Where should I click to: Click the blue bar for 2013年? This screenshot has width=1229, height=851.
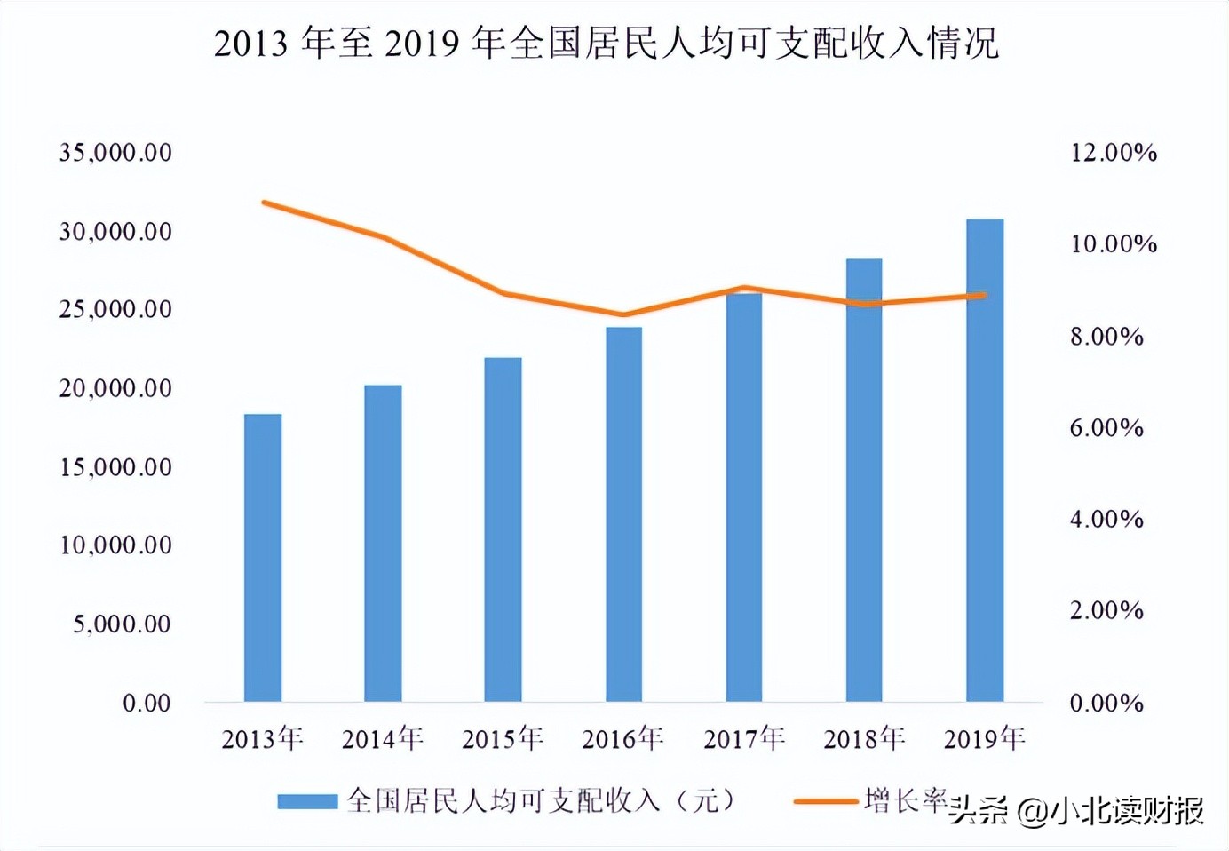coord(263,558)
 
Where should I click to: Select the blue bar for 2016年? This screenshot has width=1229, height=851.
coord(623,514)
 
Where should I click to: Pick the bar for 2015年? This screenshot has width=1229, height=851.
coord(503,529)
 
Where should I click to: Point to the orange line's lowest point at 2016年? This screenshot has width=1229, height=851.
coord(623,314)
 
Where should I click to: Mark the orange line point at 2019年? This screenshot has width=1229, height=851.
coord(983,295)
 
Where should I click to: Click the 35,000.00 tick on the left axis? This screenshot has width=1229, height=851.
coord(115,153)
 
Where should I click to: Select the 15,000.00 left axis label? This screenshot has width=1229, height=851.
coord(115,467)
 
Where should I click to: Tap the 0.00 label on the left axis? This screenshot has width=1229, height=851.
coord(147,704)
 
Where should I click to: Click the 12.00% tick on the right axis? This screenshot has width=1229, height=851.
coord(1114,153)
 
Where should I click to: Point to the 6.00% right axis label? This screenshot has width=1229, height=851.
coord(1106,428)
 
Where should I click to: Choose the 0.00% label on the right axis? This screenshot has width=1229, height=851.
coord(1106,704)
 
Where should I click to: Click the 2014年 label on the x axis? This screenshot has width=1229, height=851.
coord(383,738)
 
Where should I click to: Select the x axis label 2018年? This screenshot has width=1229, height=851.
coord(864,738)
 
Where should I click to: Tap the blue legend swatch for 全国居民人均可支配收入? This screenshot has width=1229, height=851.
coord(307,801)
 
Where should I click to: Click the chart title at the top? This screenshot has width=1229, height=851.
coord(606,43)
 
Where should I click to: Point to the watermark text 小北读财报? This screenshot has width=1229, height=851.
coord(1128,810)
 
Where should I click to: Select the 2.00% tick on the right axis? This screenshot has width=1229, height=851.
coord(1106,611)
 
